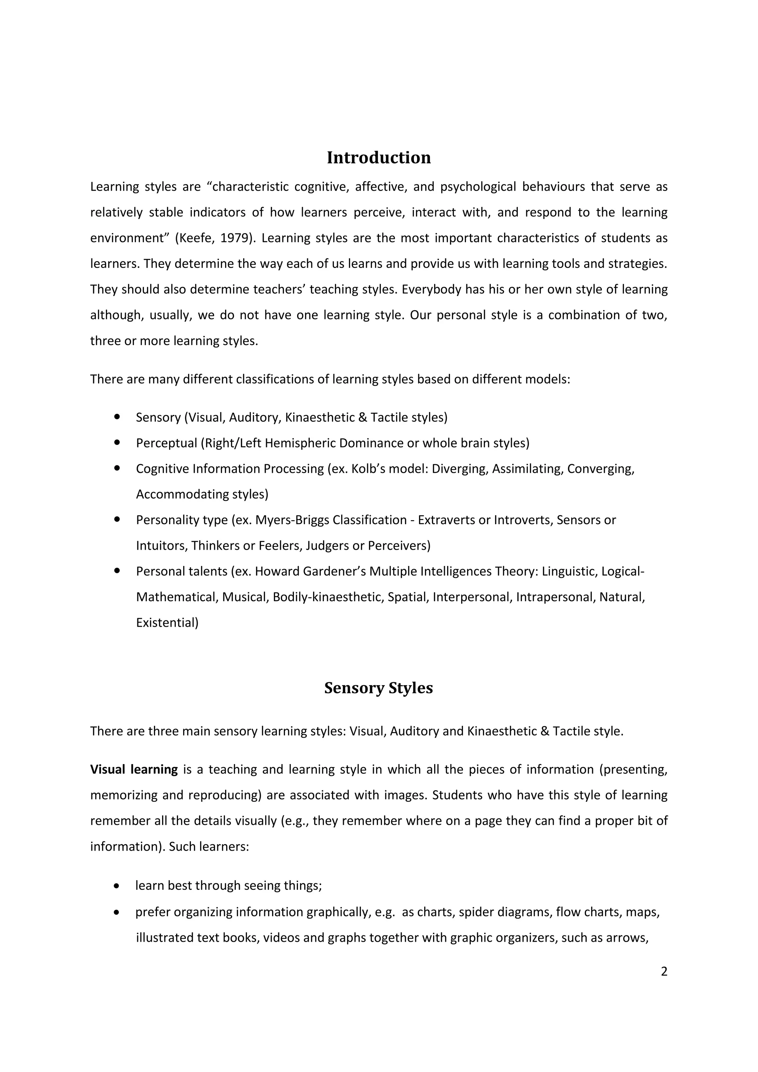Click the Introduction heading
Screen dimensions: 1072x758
(x=379, y=158)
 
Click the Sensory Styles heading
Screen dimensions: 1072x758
(x=379, y=688)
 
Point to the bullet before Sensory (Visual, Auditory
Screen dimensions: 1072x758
(x=117, y=416)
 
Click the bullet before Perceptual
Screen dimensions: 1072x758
(x=117, y=442)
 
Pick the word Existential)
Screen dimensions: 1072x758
(x=167, y=623)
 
